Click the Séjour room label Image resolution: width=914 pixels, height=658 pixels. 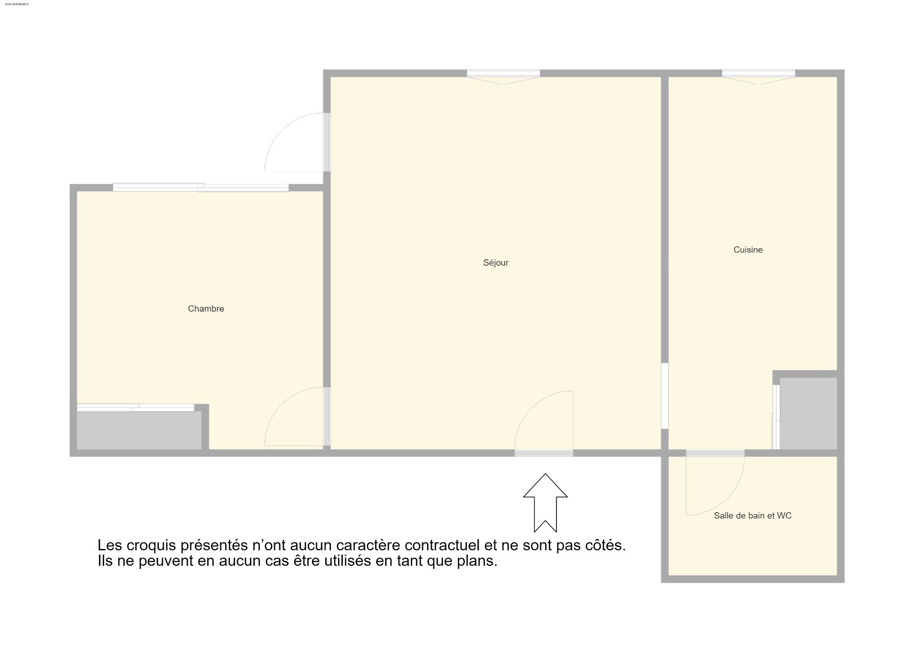point(496,263)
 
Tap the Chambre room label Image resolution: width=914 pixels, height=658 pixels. point(206,309)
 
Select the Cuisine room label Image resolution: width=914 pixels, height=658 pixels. point(748,250)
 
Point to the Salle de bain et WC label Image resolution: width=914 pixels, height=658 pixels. point(753,516)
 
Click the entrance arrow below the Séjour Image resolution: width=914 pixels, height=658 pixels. point(545,503)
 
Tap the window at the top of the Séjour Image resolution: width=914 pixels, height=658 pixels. point(503,76)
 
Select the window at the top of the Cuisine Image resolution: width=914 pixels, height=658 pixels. point(758,76)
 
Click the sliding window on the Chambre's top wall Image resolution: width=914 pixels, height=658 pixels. point(200,188)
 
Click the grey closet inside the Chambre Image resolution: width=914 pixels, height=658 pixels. point(139,430)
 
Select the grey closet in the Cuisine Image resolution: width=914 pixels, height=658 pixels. point(808,413)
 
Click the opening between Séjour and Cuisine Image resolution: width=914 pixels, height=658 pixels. point(665,396)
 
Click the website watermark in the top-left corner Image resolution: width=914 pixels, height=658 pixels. point(17,4)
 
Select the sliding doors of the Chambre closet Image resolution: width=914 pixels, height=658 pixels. point(136,407)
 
